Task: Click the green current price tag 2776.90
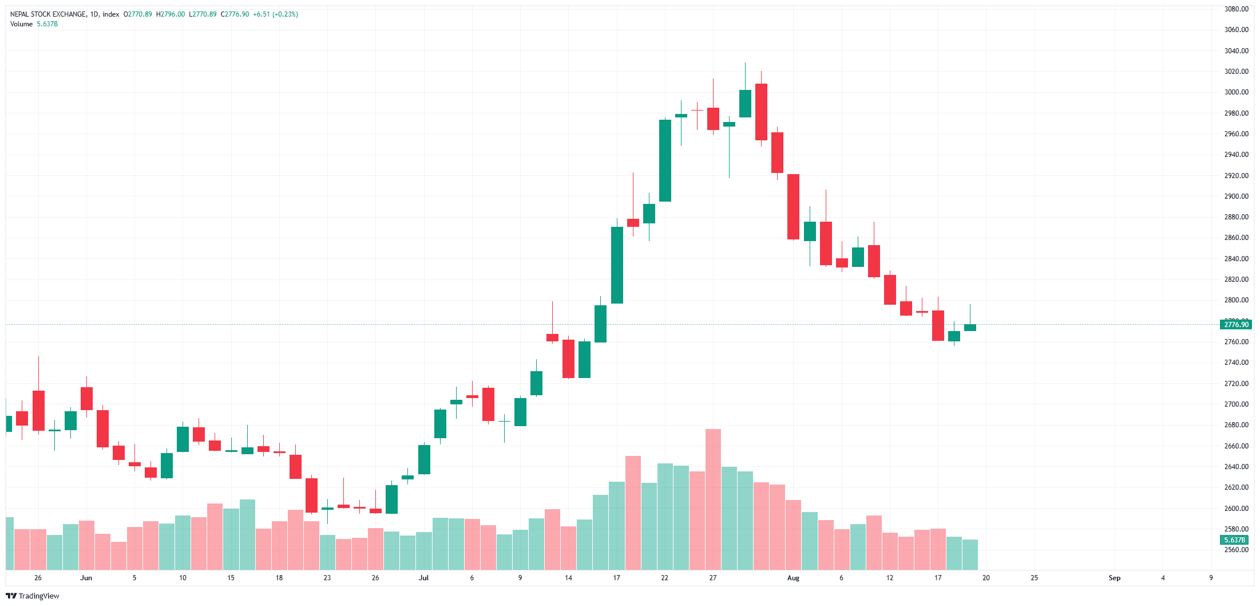pos(1236,325)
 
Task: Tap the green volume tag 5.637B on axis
pos(1234,540)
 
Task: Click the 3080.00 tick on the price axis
pos(1236,9)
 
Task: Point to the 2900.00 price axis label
pos(1236,196)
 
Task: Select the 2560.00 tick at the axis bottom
pos(1236,550)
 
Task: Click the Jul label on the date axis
pos(423,578)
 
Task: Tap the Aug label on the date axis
pos(793,578)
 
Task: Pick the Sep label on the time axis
pos(1114,578)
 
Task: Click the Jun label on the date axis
pos(86,578)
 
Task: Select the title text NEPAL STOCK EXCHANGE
pos(48,14)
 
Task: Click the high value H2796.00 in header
pos(171,14)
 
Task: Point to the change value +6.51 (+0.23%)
pos(275,14)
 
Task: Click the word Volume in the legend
pos(21,24)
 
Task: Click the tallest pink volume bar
pos(713,498)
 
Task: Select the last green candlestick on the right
pos(970,328)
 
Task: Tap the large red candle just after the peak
pos(761,112)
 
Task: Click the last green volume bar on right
pos(970,554)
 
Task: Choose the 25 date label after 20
pos(1034,578)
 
